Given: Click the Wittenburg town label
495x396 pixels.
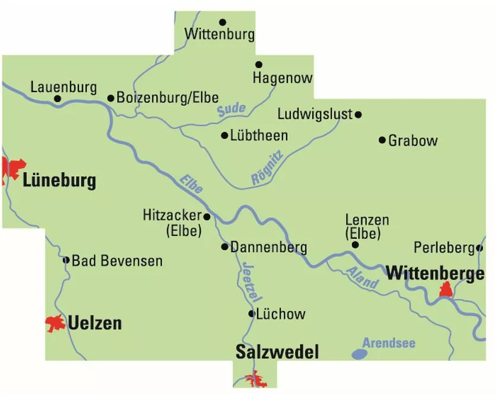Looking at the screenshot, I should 219,34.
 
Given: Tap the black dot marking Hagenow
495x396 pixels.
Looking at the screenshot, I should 259,64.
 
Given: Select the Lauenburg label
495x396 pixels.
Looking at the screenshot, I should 64,88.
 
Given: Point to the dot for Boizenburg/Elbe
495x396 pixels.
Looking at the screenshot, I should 110,98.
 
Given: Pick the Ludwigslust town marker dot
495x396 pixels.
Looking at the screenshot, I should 358,114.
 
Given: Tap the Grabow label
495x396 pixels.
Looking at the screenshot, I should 412,141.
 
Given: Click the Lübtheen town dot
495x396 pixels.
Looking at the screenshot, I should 224,135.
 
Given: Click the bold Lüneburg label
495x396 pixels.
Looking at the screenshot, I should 59,181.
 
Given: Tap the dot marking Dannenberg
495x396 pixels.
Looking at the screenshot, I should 224,246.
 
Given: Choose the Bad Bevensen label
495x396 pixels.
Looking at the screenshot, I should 117,261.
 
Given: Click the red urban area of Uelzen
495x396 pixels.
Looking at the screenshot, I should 56,324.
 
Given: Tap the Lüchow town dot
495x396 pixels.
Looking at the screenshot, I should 252,313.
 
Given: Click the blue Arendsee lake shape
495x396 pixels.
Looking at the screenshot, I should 359,354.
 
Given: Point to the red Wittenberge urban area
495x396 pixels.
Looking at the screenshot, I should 446,290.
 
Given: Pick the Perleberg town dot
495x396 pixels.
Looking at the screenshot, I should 480,248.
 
